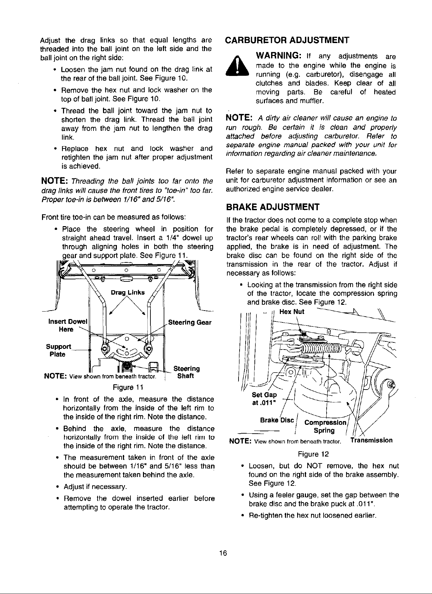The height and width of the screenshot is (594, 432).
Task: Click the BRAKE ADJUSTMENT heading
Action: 272,206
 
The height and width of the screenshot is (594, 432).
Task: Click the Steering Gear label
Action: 190,322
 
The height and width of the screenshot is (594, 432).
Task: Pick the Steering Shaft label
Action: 186,372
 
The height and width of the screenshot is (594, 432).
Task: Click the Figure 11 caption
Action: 126,388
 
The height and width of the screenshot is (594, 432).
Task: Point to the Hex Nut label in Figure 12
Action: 292,312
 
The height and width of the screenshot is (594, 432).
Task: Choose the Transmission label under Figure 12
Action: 372,440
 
